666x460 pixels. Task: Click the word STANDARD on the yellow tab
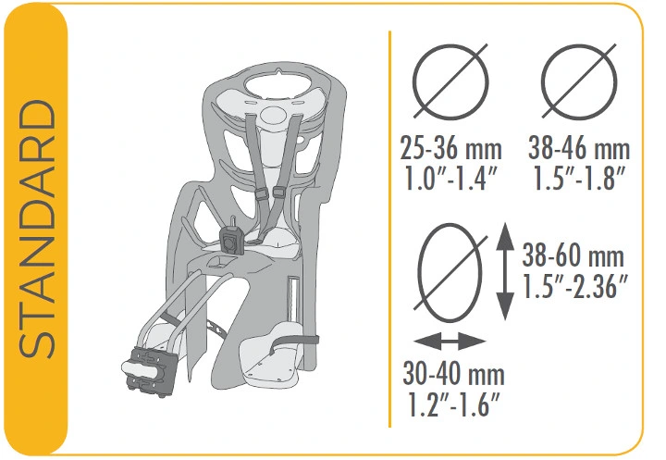36,229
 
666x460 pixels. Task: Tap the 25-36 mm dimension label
450,149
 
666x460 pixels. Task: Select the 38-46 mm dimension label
579,149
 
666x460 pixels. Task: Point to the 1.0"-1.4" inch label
450,179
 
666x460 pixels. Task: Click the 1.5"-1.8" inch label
579,179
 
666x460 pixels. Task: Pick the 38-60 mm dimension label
573,256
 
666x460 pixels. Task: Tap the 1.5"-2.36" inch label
575,286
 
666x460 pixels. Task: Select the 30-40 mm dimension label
453,374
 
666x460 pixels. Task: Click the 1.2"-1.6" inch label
453,404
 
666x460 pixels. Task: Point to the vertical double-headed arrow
505,271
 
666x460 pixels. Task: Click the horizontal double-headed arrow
450,341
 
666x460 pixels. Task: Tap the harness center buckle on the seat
232,241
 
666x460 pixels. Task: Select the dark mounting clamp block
152,371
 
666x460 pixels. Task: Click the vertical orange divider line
389,229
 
